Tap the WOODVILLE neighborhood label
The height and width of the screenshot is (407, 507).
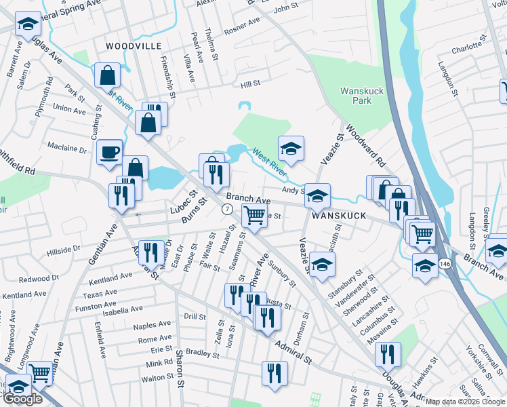coord(134,46)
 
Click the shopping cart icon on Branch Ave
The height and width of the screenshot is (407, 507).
coord(254,216)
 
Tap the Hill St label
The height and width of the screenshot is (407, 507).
coord(251,84)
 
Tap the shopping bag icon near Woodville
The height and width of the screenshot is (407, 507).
coord(108,75)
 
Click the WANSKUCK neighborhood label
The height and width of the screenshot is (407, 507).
coord(339,216)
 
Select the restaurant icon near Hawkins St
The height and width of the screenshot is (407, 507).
coord(388,354)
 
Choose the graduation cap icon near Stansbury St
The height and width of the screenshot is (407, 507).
coord(323,264)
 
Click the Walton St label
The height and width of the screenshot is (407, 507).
coord(157,378)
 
